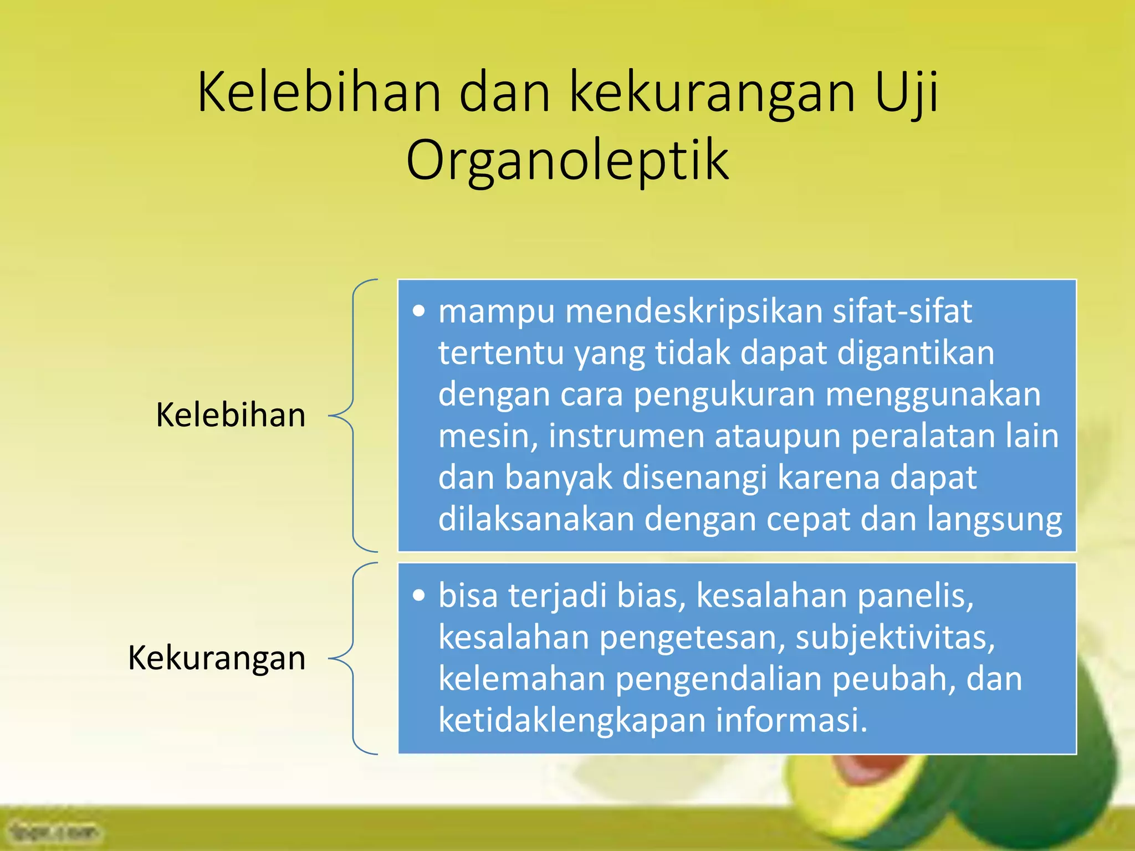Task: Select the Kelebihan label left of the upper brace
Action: [231, 416]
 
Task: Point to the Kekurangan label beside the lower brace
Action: [217, 658]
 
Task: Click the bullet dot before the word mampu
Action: [420, 311]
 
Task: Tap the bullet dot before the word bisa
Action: [420, 596]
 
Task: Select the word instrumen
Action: [626, 436]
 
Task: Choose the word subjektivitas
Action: [895, 638]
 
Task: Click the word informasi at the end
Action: [791, 720]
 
